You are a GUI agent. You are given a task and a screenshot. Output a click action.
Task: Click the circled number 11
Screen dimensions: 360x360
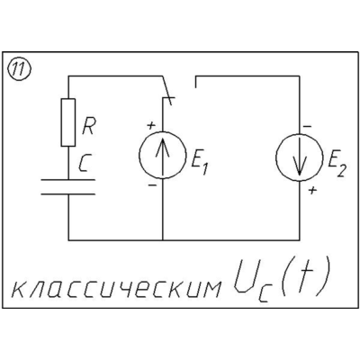pyautogui.click(x=20, y=70)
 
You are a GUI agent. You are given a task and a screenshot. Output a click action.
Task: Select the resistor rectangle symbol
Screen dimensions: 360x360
pyautogui.click(x=68, y=122)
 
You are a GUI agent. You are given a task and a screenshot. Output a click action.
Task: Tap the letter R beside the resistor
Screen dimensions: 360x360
pyautogui.click(x=88, y=127)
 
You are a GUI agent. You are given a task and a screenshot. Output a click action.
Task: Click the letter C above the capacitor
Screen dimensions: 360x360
pyautogui.click(x=85, y=164)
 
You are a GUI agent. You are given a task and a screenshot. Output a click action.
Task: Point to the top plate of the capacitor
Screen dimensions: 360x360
pyautogui.click(x=68, y=180)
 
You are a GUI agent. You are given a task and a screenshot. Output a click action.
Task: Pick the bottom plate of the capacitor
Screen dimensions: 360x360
pyautogui.click(x=68, y=194)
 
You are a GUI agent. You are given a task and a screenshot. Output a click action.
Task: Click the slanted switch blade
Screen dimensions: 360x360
pyautogui.click(x=167, y=91)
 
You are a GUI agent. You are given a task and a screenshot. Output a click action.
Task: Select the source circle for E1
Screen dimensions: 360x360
pyautogui.click(x=162, y=155)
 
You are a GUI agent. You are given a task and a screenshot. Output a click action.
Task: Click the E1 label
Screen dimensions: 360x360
pyautogui.click(x=199, y=166)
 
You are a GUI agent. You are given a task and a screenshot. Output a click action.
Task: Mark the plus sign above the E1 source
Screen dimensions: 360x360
pyautogui.click(x=151, y=125)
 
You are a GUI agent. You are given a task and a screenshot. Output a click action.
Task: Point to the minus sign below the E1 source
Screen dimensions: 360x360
pyautogui.click(x=152, y=185)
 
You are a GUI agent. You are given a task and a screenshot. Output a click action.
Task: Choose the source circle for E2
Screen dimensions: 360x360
pyautogui.click(x=300, y=157)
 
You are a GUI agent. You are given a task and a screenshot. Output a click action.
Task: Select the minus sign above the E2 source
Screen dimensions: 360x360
pyautogui.click(x=307, y=127)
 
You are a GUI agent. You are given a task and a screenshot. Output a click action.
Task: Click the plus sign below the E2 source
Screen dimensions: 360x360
pyautogui.click(x=313, y=190)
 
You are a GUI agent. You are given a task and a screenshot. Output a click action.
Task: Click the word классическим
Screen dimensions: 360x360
pyautogui.click(x=116, y=289)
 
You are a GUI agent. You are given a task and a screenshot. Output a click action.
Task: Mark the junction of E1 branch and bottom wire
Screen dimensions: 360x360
pyautogui.click(x=163, y=240)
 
